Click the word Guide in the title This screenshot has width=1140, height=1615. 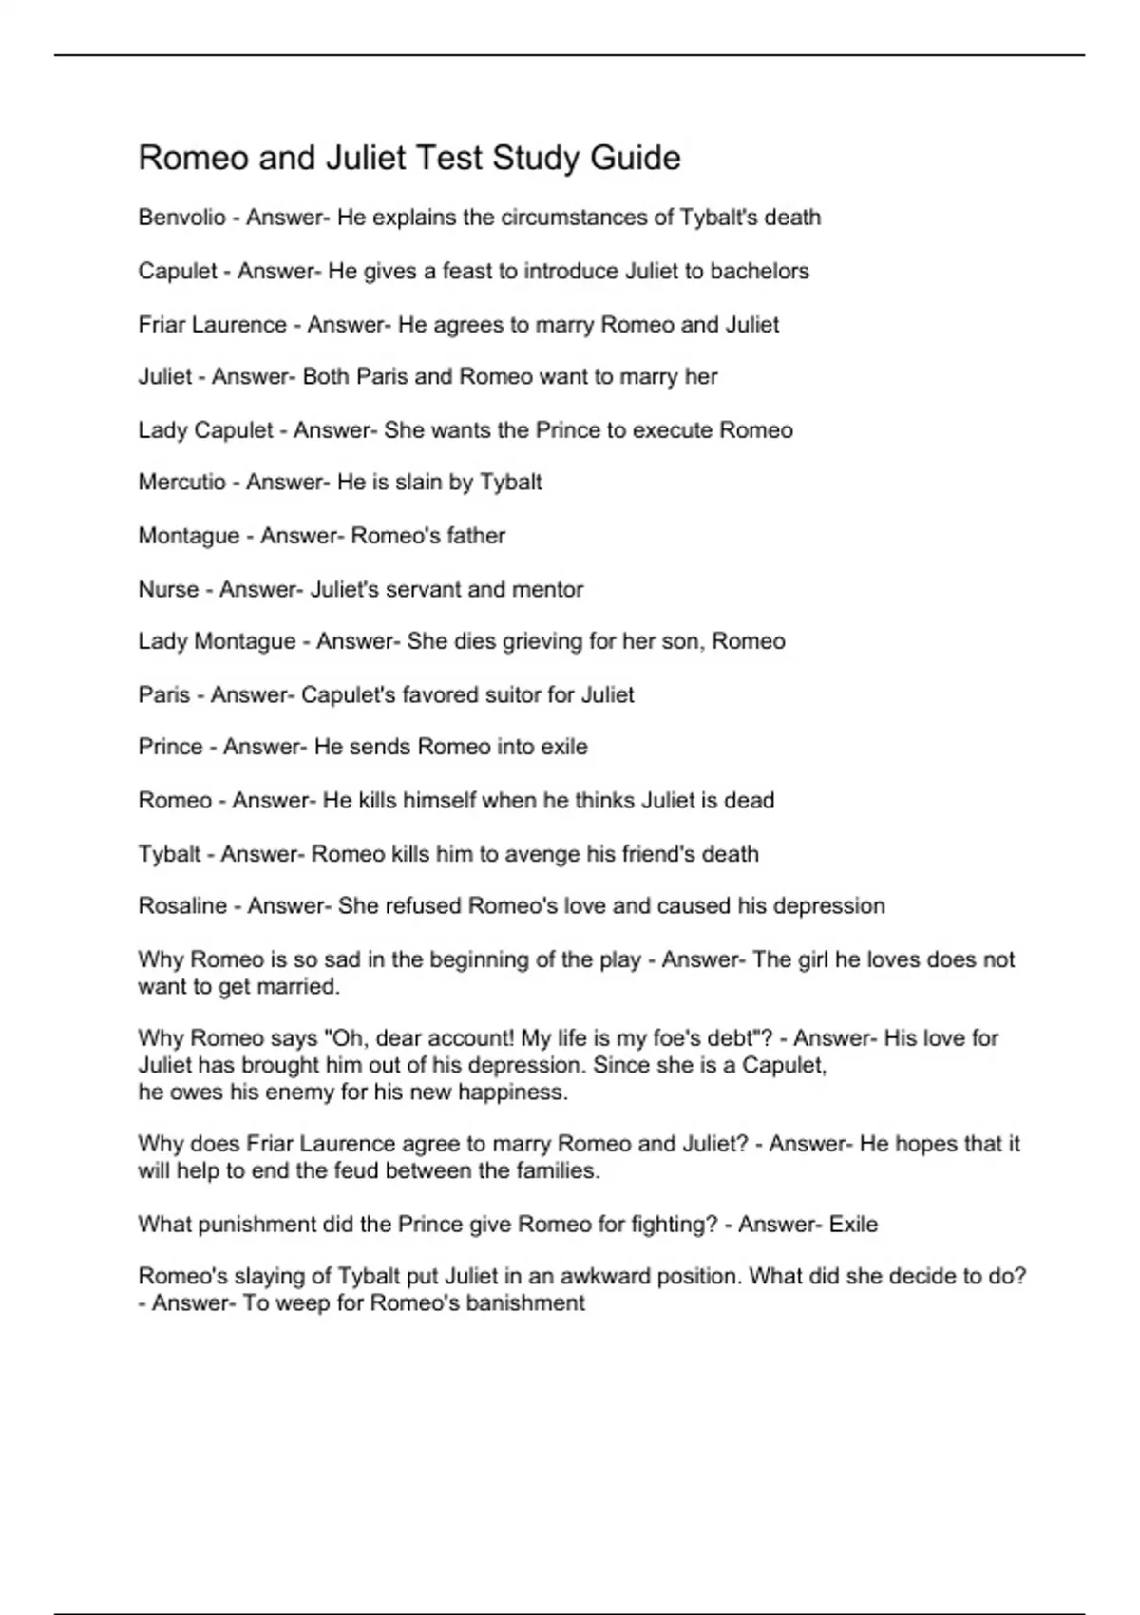coord(635,158)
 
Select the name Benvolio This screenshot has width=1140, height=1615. coord(181,218)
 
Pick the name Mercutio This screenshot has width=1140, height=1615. coord(181,483)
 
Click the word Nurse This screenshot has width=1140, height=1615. coord(168,589)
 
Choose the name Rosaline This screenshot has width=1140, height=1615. coord(182,906)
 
